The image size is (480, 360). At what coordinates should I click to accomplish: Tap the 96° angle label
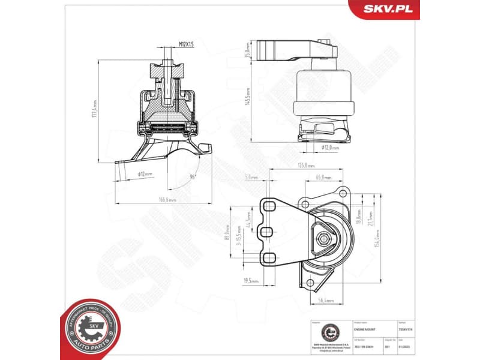tap(193, 176)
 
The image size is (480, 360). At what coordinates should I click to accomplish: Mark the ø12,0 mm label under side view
tap(329, 147)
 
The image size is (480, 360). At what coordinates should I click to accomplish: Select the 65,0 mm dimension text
tap(323, 177)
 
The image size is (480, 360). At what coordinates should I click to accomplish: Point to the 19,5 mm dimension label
tap(251, 280)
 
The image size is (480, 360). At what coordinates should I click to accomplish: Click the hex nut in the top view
tap(325, 238)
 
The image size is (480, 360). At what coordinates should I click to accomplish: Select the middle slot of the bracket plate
tap(268, 232)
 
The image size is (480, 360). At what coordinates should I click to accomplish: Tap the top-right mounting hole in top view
tap(343, 192)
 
